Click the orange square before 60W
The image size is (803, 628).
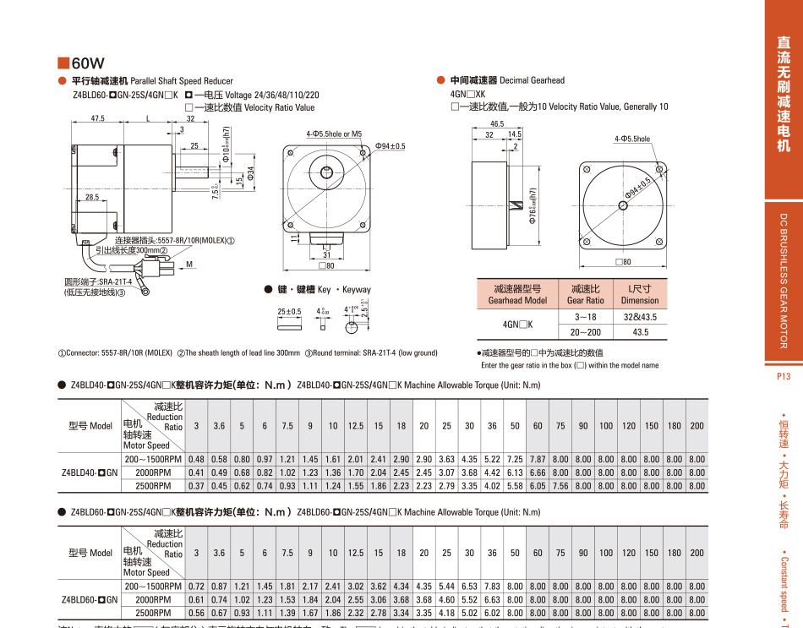63,63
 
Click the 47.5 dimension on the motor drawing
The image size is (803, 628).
99,119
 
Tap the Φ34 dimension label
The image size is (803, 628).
252,174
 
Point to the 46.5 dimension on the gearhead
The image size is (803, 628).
496,123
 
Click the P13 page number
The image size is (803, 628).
782,378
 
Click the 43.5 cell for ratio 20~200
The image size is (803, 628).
639,333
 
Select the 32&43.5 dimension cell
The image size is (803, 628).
639,317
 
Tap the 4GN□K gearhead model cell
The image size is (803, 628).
517,325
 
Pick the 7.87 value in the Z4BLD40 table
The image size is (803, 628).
538,458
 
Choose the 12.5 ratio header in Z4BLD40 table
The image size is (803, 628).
356,426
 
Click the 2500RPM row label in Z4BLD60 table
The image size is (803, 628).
153,613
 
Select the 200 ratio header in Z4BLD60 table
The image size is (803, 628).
696,553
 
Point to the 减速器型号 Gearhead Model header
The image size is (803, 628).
517,295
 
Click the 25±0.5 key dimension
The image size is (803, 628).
290,311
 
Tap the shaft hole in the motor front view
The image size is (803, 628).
326,173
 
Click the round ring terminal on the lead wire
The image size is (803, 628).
146,292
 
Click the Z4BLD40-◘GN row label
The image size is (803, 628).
89,472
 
